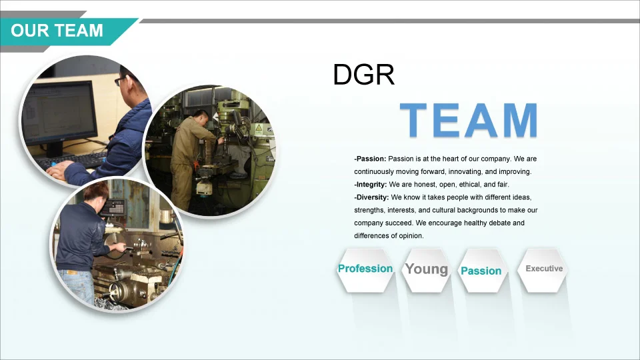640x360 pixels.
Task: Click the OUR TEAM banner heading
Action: (x=57, y=31)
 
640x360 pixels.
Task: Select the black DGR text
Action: (x=364, y=75)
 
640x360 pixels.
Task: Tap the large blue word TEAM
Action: (x=469, y=121)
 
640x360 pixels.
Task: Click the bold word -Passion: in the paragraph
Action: (x=370, y=159)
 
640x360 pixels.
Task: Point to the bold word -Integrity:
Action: (x=371, y=185)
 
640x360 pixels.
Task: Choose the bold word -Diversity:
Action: (x=371, y=197)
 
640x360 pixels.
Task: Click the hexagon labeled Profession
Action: (x=365, y=270)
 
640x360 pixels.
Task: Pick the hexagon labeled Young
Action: (x=427, y=270)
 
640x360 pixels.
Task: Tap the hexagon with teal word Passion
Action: (x=481, y=270)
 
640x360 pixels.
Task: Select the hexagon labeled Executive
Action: (x=543, y=269)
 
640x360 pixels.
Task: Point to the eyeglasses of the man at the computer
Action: (x=120, y=80)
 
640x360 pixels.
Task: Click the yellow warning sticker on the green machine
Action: (x=259, y=129)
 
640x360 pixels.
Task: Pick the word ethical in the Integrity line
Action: (x=470, y=185)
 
